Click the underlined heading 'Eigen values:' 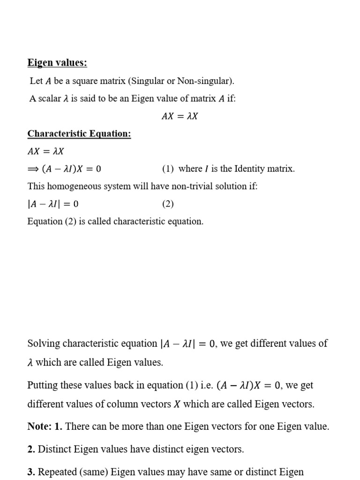57,63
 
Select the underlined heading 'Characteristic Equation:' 79,134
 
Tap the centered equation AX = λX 180,116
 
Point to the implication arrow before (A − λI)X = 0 33,169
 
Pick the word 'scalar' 48,99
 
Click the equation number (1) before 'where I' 168,169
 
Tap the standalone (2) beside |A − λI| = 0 168,204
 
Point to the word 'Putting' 44,385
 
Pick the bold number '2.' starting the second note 31,450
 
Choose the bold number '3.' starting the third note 31,472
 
